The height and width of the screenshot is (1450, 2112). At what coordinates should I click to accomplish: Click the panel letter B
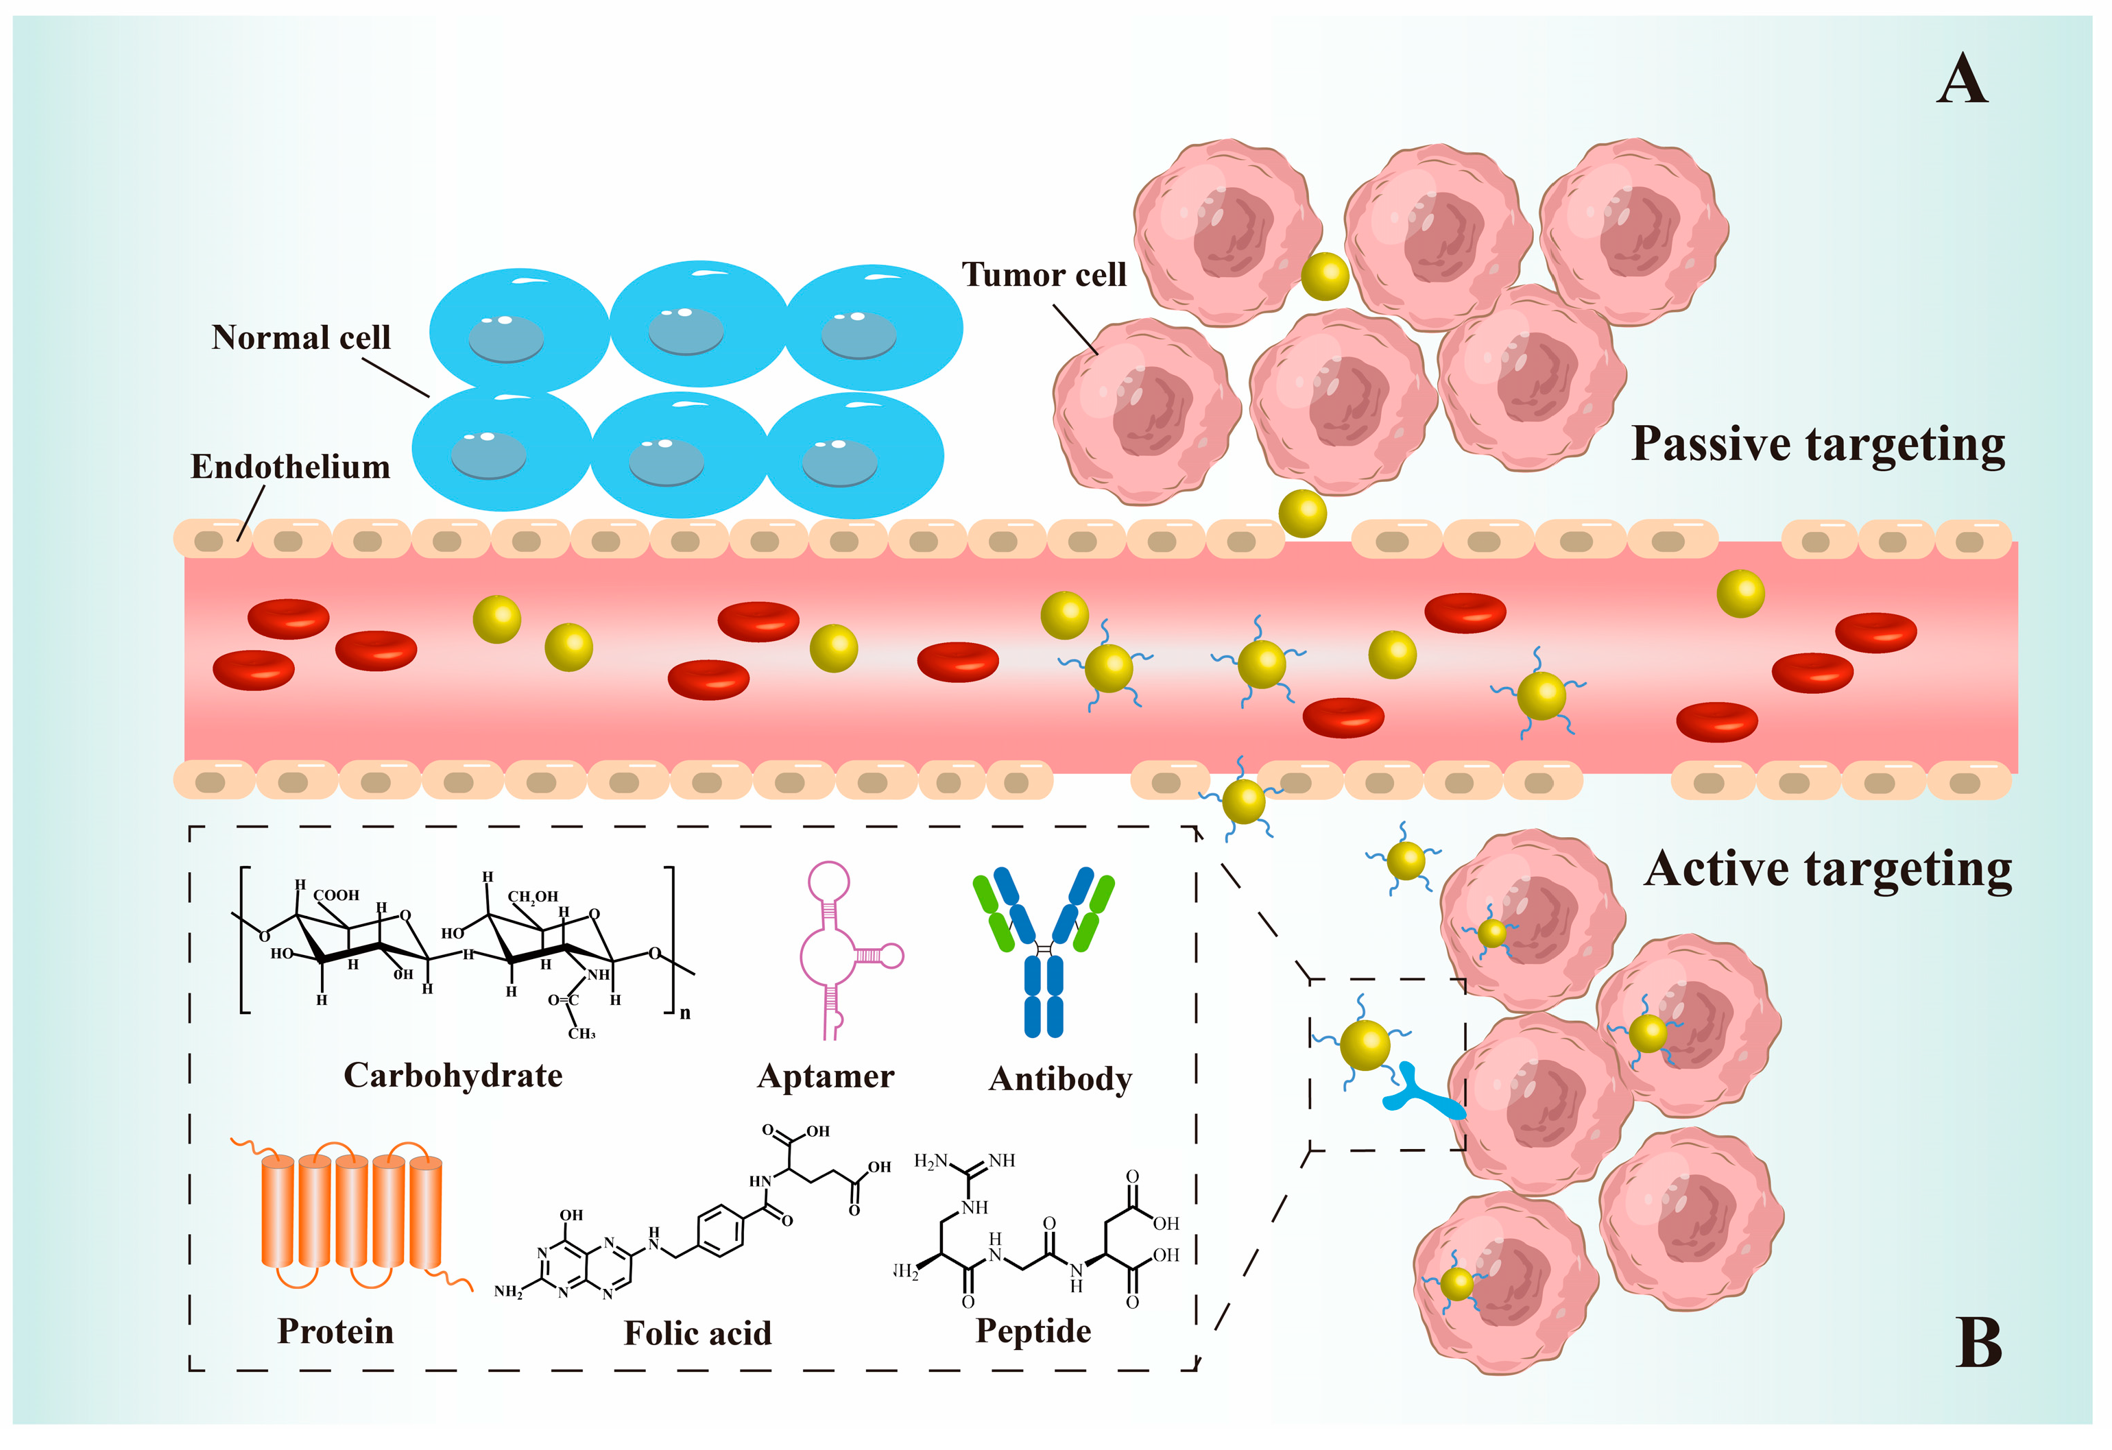tap(1978, 1343)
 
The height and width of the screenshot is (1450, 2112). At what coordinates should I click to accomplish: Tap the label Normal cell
tap(301, 337)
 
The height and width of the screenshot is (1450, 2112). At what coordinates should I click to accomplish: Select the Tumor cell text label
tap(1043, 274)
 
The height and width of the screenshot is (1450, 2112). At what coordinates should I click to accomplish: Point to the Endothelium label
tap(290, 466)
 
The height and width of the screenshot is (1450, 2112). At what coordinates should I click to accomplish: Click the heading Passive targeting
tap(1818, 444)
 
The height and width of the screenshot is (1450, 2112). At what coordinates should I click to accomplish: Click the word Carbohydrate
tap(453, 1076)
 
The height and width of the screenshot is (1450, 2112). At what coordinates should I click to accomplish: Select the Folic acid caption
tap(697, 1333)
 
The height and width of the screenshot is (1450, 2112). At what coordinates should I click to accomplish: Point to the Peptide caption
tap(1033, 1331)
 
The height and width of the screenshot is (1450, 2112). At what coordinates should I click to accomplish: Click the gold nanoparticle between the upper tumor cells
tap(1324, 276)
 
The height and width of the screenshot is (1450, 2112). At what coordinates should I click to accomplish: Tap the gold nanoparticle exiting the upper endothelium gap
tap(1302, 513)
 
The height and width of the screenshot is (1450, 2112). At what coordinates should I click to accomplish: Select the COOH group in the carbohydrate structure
tap(336, 895)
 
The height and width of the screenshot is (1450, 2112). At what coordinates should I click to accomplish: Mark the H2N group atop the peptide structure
tap(931, 1161)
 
